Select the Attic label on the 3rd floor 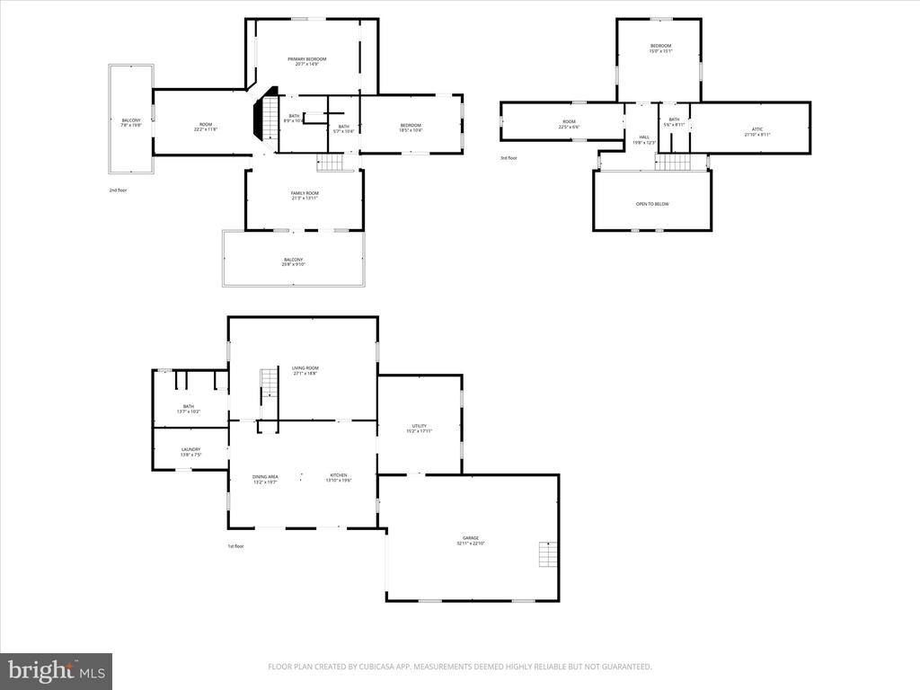click(757, 131)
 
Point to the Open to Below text click(652, 204)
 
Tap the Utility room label click(419, 428)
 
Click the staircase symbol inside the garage click(547, 555)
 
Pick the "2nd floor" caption click(117, 190)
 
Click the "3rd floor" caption click(509, 158)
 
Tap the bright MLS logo click(56, 670)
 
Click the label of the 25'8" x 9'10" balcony click(293, 261)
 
